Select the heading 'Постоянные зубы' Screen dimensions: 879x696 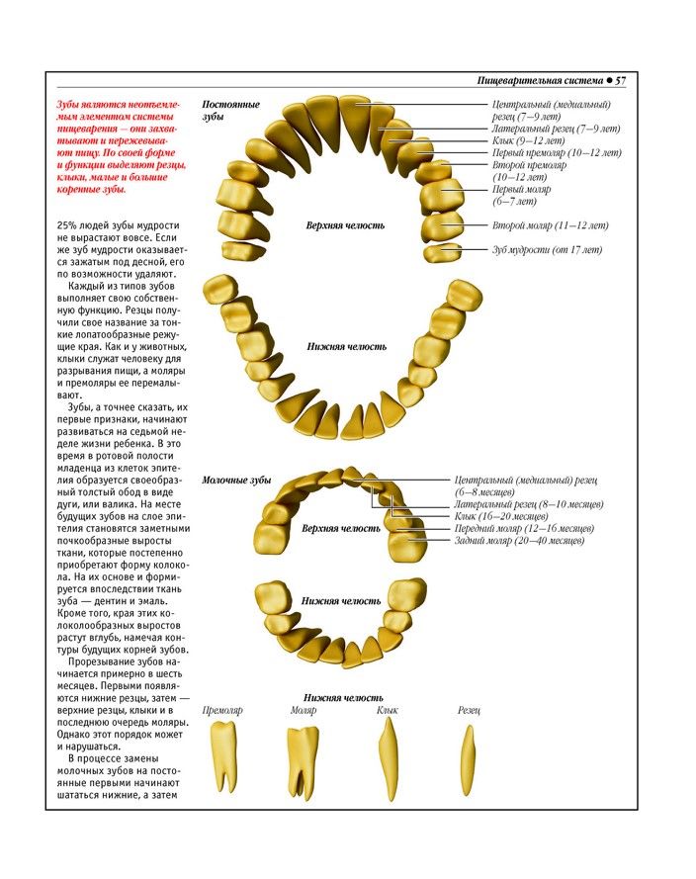[230, 110]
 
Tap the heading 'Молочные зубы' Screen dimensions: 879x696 [236, 480]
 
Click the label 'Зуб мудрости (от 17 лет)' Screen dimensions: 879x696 [547, 249]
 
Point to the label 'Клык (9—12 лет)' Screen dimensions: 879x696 [531, 140]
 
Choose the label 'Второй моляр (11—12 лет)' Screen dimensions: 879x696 [551, 225]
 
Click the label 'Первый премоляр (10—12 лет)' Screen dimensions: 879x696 [557, 153]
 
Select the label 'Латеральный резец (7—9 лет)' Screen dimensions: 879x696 [556, 129]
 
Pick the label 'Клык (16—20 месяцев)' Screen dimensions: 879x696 [501, 516]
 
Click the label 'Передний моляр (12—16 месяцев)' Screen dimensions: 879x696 [524, 529]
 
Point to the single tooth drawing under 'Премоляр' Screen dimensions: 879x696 [223, 755]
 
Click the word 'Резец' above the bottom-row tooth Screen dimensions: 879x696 [469, 710]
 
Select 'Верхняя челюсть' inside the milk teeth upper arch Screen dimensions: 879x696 [341, 528]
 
